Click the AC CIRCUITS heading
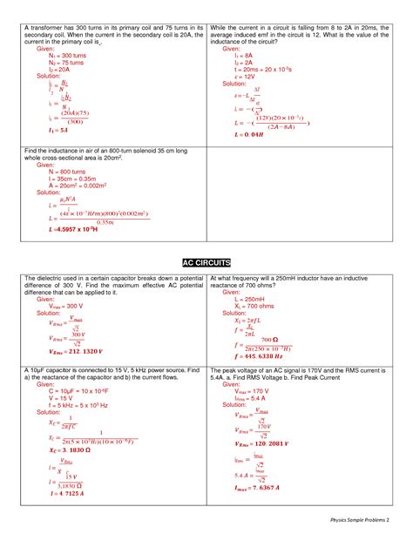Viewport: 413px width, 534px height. (206, 261)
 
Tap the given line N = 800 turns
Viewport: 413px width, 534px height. (58, 173)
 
